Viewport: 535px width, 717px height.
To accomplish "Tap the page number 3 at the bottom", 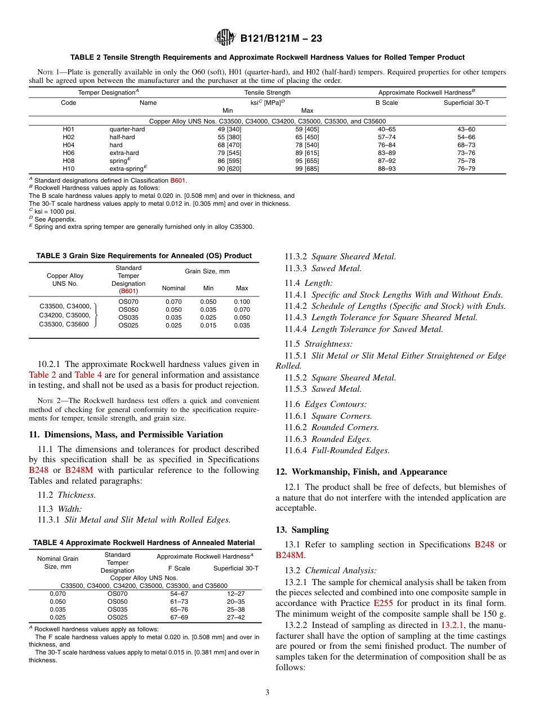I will pos(267,692).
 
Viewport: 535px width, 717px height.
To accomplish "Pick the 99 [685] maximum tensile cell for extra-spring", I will pos(307,169).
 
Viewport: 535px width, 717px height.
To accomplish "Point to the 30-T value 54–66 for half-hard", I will pos(466,137).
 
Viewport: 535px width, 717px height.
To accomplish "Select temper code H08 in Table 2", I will pos(68,161).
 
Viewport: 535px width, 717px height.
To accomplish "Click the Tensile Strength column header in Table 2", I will pos(267,92).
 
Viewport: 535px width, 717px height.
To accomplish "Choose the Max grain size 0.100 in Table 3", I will pos(242,302).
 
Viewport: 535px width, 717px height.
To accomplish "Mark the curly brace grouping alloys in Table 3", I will pos(96,314).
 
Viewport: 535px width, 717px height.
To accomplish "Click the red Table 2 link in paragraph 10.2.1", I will pos(42,375).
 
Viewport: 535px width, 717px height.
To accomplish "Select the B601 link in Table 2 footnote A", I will pos(179,180).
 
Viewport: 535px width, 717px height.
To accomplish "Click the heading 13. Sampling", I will pos(302,530).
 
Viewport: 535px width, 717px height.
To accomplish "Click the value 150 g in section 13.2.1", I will pos(494,613).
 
